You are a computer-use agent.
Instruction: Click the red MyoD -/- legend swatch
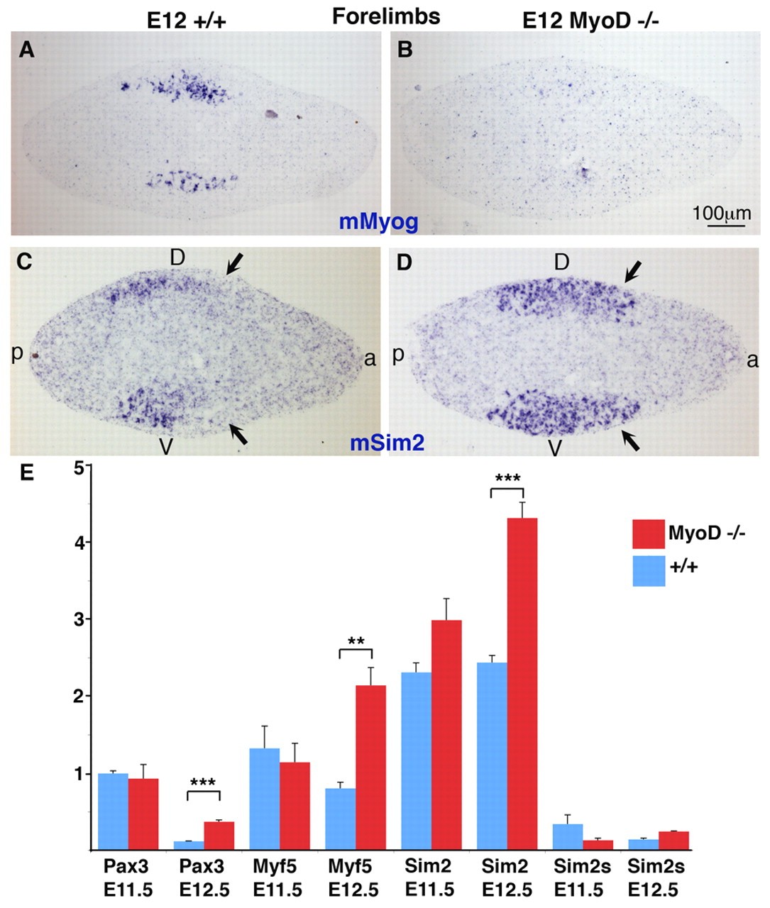tap(649, 533)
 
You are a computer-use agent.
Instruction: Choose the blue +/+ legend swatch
tap(649, 570)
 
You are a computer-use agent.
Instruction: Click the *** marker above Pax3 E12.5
tap(204, 782)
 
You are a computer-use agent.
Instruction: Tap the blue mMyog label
tap(378, 221)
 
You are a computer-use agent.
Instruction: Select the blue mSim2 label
tap(387, 443)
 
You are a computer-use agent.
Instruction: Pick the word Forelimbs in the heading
tap(386, 16)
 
